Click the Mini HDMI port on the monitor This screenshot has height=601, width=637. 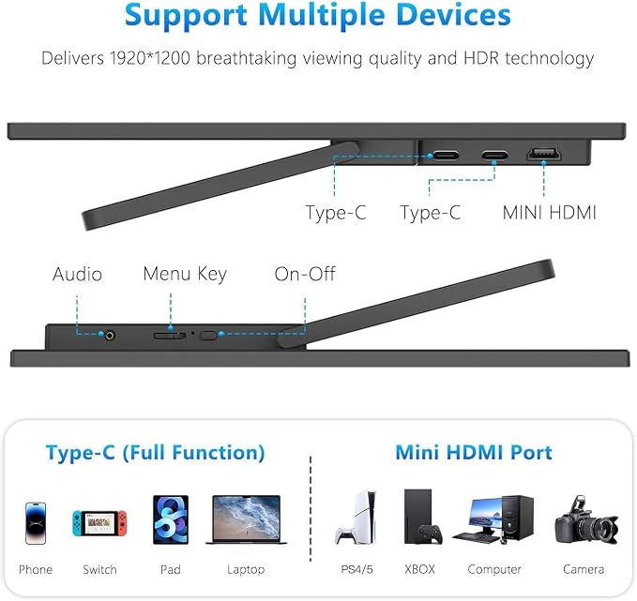[544, 154]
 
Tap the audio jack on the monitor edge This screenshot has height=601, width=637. [110, 336]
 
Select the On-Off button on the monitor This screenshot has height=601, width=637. [209, 336]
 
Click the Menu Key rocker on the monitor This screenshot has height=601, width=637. [170, 336]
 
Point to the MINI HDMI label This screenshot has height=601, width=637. [549, 213]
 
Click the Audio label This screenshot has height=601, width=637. [77, 274]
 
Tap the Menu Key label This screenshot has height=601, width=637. [185, 275]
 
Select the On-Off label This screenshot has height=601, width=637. [305, 274]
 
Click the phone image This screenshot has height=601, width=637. [36, 523]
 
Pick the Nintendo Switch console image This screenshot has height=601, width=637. [99, 522]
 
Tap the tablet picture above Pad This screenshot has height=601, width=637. [171, 519]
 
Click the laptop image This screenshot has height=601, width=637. [246, 519]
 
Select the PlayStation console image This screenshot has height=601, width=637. [356, 517]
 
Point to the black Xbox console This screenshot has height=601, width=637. [422, 517]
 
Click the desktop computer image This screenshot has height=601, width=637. [493, 519]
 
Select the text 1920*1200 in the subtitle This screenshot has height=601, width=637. [150, 58]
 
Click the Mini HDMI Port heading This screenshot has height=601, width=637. [474, 452]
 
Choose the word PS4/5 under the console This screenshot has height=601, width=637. [356, 569]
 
